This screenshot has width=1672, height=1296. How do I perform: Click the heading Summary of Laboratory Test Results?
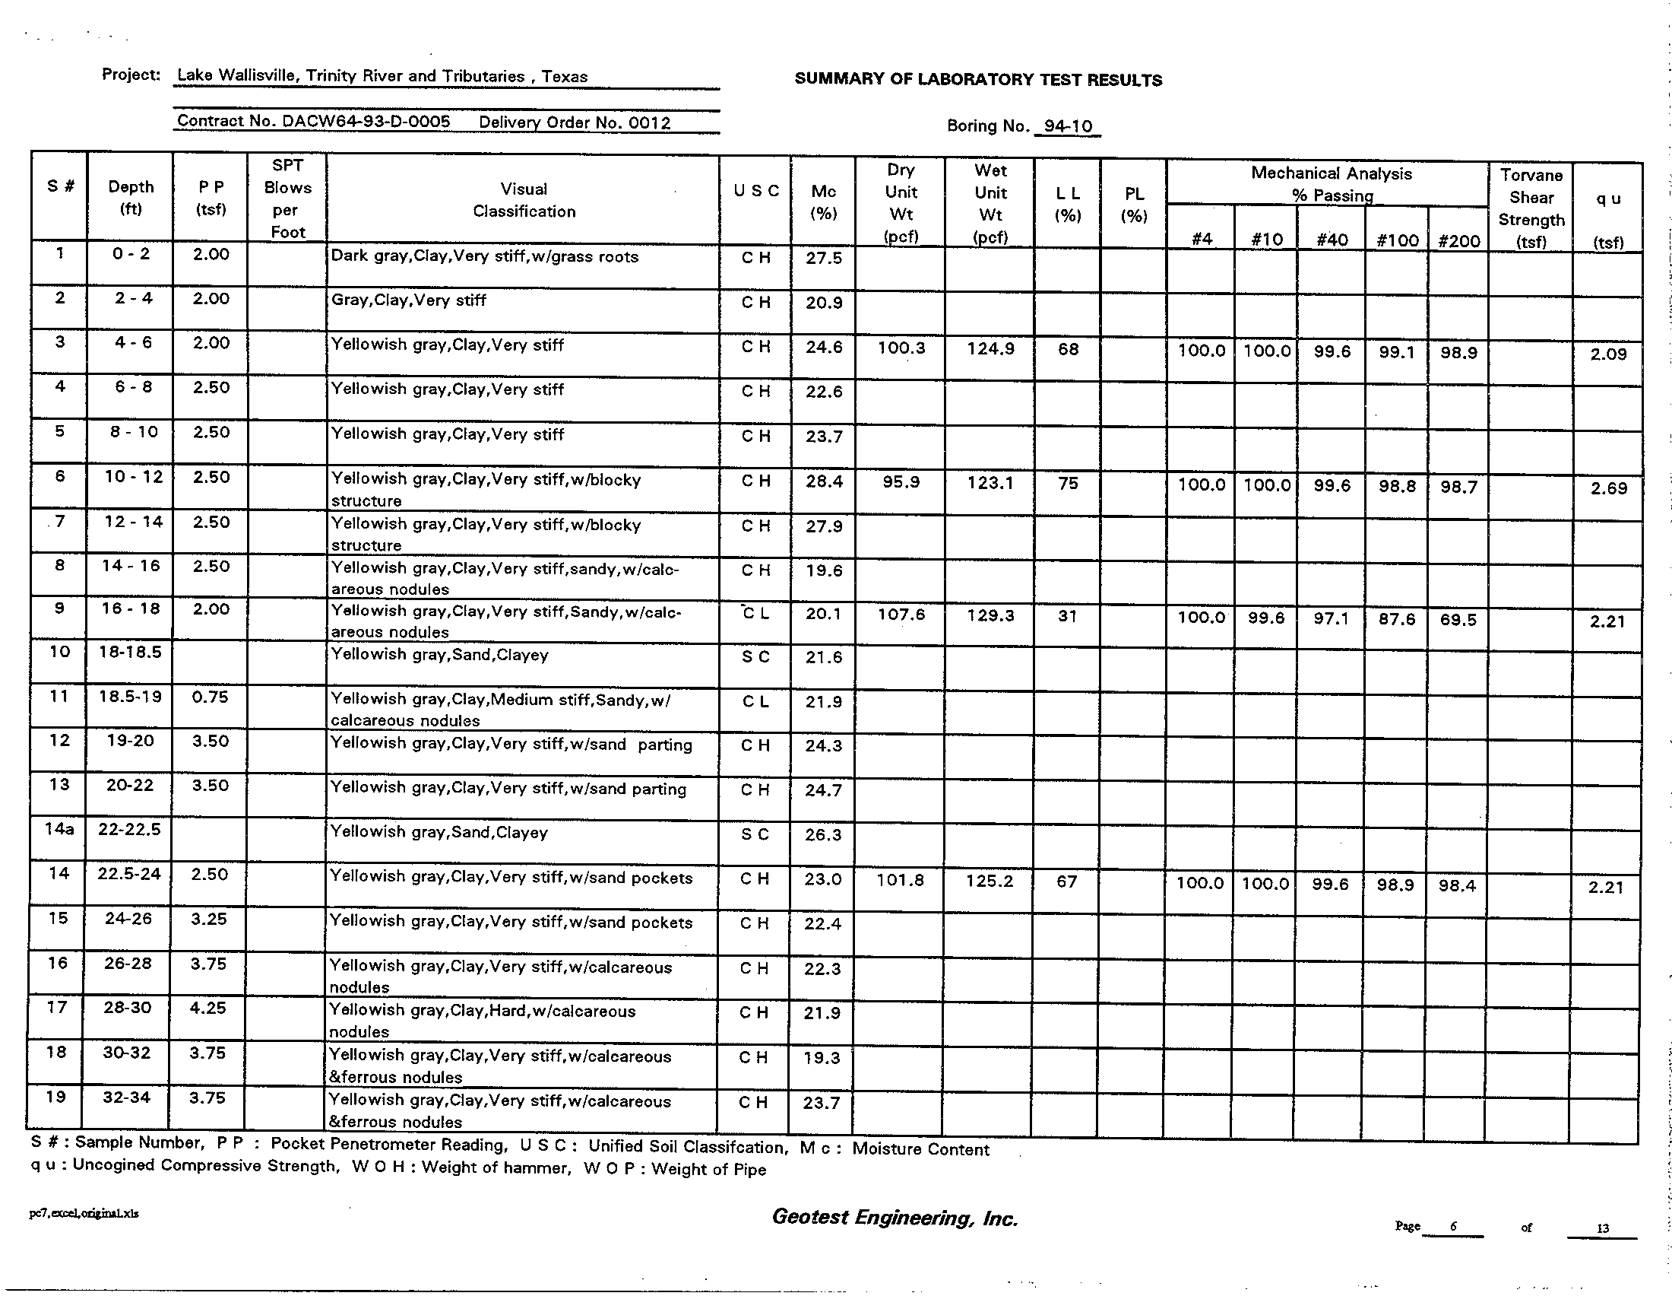[977, 80]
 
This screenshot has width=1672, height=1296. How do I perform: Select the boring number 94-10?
[1068, 126]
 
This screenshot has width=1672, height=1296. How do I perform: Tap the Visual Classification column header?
[524, 200]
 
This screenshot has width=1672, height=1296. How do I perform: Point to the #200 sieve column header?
[1458, 240]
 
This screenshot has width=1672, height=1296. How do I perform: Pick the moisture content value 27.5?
[824, 258]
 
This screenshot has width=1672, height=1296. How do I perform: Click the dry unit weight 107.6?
[901, 615]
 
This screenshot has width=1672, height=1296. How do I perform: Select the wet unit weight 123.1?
[990, 482]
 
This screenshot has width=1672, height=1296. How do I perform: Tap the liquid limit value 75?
[1068, 482]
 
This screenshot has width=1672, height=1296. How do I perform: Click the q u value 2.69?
[1608, 488]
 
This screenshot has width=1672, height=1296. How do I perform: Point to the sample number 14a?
[59, 829]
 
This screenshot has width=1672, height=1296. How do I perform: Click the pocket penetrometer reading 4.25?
[208, 1008]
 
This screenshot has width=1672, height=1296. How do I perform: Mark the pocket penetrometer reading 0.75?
[210, 696]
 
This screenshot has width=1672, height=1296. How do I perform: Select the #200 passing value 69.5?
[1458, 620]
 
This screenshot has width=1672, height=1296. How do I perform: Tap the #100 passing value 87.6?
[1396, 619]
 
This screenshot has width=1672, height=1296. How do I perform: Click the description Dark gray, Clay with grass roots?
[485, 256]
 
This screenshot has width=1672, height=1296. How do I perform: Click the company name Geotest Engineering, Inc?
[895, 1218]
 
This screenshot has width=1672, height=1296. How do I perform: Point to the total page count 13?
[1602, 1228]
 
